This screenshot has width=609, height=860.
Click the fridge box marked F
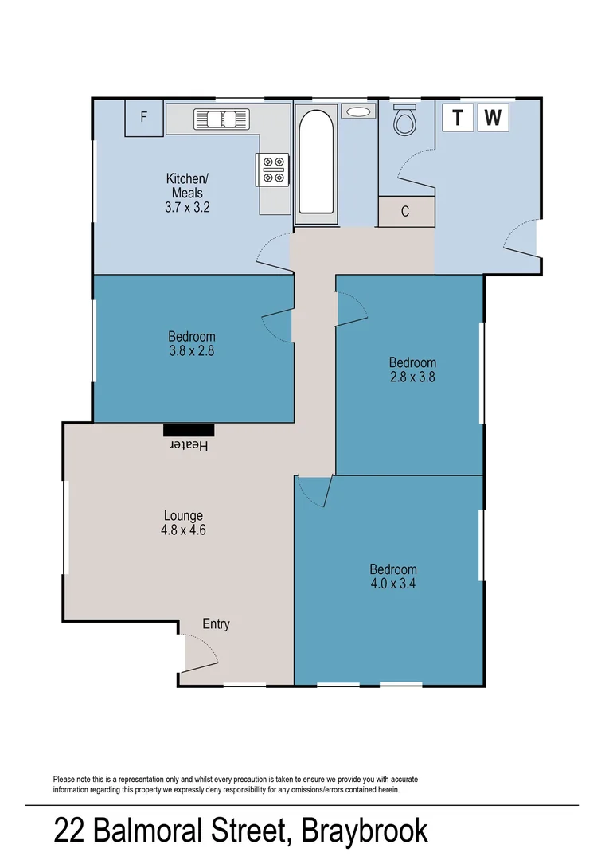pyautogui.click(x=144, y=117)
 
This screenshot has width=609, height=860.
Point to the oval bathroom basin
pyautogui.click(x=358, y=111)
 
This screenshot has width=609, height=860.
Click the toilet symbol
pyautogui.click(x=405, y=119)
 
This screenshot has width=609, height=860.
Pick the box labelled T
pyautogui.click(x=457, y=117)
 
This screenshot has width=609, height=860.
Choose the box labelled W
pyautogui.click(x=493, y=117)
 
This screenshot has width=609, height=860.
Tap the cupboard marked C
pyautogui.click(x=405, y=212)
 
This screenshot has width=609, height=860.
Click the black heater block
pyautogui.click(x=189, y=430)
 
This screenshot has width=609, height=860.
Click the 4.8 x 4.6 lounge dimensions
pyautogui.click(x=184, y=530)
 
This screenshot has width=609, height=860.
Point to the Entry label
pyautogui.click(x=216, y=623)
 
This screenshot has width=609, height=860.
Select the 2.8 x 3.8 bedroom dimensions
pyautogui.click(x=413, y=377)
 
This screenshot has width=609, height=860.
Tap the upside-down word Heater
pyautogui.click(x=191, y=446)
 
